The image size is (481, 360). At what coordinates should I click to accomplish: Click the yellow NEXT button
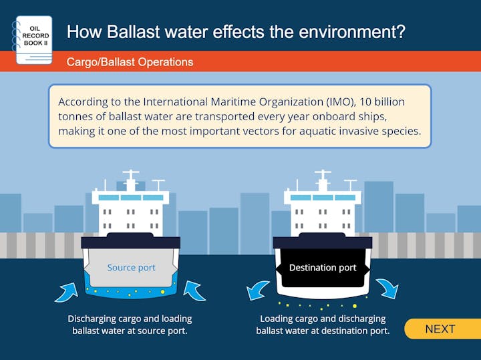click(442, 329)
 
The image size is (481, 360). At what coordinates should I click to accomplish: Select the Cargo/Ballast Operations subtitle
click(130, 62)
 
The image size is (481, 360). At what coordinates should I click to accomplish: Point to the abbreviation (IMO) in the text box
click(340, 102)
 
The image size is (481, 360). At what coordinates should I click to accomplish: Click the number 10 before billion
click(365, 102)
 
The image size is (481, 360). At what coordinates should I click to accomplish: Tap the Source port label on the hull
click(132, 268)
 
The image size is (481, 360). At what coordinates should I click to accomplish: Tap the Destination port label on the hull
click(323, 268)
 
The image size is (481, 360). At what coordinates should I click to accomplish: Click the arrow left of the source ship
click(67, 293)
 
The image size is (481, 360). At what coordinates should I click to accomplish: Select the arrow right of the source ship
click(194, 291)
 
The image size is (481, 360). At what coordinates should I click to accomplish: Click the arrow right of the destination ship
click(387, 289)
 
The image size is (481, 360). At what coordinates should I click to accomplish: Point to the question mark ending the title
click(399, 31)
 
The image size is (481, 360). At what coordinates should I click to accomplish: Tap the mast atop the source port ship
click(131, 180)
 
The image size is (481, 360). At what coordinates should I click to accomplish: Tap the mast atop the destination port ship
click(323, 180)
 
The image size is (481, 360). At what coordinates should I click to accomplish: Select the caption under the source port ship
click(130, 325)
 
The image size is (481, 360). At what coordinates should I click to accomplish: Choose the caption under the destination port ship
click(323, 325)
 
